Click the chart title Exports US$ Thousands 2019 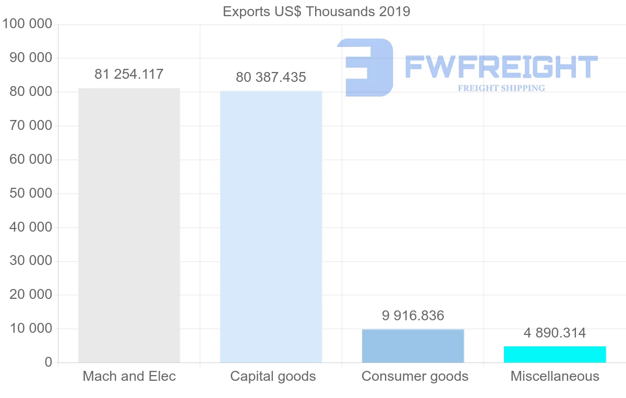(316, 11)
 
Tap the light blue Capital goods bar (271, 227)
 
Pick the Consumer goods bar (413, 346)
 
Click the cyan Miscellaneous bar (555, 354)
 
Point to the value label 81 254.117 (129, 74)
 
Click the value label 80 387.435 (271, 77)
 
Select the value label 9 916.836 (413, 316)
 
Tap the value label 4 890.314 (555, 333)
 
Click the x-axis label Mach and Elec (129, 376)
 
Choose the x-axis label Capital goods (273, 376)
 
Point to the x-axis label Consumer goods (415, 376)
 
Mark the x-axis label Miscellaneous (555, 376)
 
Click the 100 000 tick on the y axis (27, 24)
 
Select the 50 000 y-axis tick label (31, 194)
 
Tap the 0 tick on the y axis (49, 363)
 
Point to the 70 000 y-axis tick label (31, 126)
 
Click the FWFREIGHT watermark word (501, 67)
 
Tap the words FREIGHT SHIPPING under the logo (501, 88)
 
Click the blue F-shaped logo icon (367, 67)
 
